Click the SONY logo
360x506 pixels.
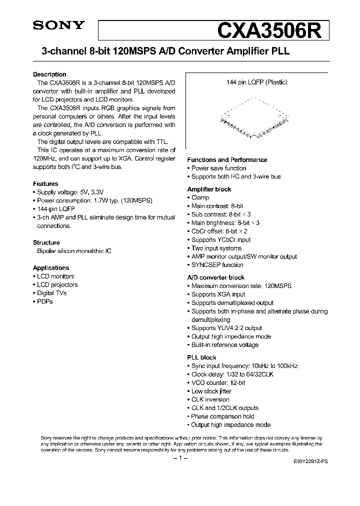click(59, 26)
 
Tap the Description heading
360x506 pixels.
click(49, 74)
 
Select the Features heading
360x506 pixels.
click(45, 183)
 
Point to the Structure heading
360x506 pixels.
click(46, 242)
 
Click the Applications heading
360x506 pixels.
click(51, 267)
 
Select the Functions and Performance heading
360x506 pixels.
click(227, 159)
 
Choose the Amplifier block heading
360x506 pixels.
click(209, 189)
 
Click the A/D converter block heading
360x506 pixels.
click(215, 277)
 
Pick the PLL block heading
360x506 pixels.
click(201, 357)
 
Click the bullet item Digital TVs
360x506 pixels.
click(51, 293)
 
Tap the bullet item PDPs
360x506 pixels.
click(44, 301)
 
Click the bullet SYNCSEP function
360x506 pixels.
click(217, 265)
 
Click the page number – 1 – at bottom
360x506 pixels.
click(179, 458)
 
